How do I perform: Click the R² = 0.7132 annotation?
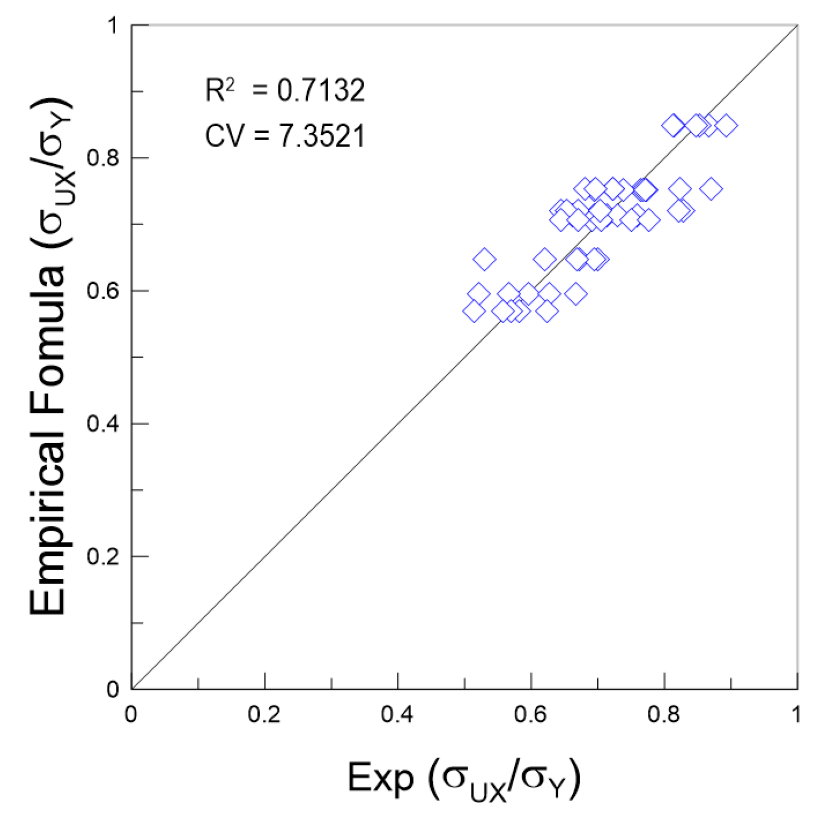pyautogui.click(x=285, y=90)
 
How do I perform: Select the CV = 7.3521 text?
pyautogui.click(x=285, y=135)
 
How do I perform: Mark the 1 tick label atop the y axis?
pyautogui.click(x=113, y=25)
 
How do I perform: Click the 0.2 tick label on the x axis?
pyautogui.click(x=264, y=714)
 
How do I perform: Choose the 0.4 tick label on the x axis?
pyautogui.click(x=397, y=714)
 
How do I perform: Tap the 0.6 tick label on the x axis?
pyautogui.click(x=531, y=714)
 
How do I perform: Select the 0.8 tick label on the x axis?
pyautogui.click(x=663, y=714)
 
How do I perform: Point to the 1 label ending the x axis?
pyautogui.click(x=796, y=714)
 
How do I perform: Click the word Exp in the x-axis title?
pyautogui.click(x=381, y=777)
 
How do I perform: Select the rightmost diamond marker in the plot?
pyautogui.click(x=726, y=126)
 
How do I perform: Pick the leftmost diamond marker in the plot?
pyautogui.click(x=474, y=311)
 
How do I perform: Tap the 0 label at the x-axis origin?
pyautogui.click(x=131, y=714)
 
